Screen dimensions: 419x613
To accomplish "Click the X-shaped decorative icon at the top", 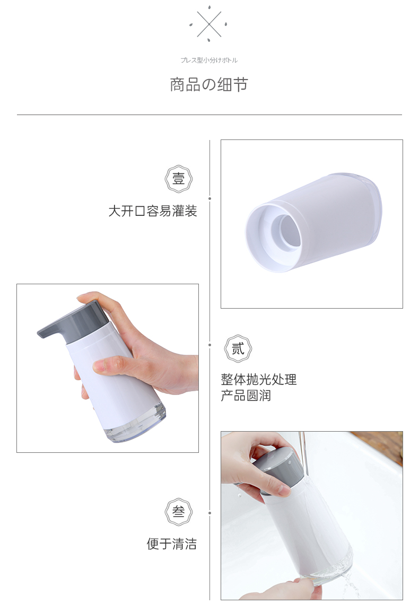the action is tap(209, 24).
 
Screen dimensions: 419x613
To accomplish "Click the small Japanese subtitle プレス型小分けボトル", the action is tap(209, 60).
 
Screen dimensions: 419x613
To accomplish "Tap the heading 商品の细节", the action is tap(209, 84).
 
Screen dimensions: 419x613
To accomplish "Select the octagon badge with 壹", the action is tap(179, 179).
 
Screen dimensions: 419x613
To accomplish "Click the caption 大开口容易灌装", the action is tap(153, 211).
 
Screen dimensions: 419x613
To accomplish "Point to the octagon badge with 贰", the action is tap(238, 348).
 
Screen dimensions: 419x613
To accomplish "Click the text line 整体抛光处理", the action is tap(259, 379).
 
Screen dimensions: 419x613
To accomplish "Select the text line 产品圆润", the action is tap(246, 396).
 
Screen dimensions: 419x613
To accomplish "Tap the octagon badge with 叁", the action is tap(179, 512).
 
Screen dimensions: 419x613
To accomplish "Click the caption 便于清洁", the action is tap(172, 544).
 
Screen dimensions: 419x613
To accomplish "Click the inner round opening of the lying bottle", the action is tap(286, 231).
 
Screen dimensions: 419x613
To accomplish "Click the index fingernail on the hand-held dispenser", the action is tap(99, 366).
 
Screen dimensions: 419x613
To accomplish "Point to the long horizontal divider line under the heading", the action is tap(209, 115).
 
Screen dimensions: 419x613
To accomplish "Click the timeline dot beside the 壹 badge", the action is tap(210, 199).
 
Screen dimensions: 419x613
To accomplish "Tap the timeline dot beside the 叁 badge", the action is tap(210, 513).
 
